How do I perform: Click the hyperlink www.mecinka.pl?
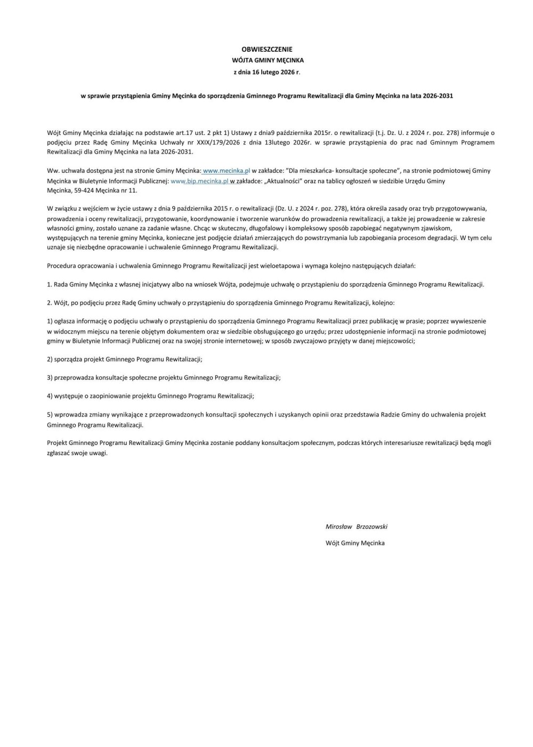227,171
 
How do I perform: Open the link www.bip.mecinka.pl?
199,181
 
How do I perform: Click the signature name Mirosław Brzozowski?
356,527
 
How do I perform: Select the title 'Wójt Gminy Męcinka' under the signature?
355,543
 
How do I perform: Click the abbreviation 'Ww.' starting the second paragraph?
52,171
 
